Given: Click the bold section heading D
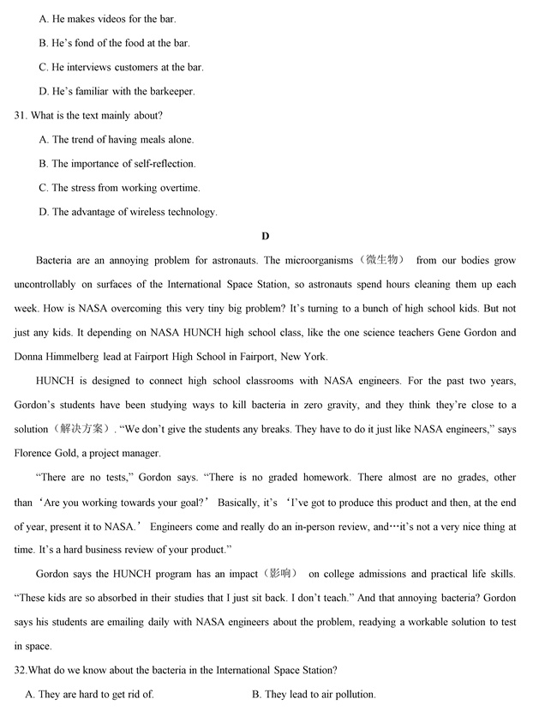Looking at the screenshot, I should point(266,236).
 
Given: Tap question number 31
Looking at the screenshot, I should point(21,115).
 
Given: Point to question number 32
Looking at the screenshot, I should point(21,670).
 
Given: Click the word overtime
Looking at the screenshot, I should point(178,187).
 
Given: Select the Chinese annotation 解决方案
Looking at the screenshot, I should point(81,429).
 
